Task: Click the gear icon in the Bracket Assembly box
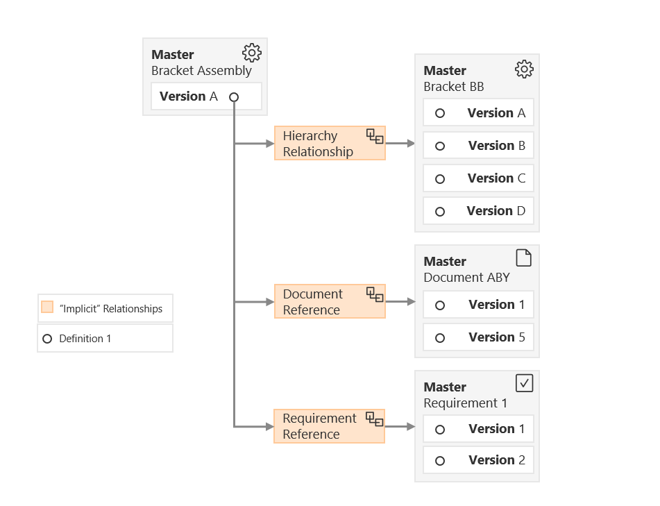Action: coord(251,53)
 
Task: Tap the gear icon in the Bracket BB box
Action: coord(524,69)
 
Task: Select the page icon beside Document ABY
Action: coord(524,258)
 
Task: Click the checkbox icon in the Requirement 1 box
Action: coord(524,383)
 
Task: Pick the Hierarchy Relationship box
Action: coord(329,144)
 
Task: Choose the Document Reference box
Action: coord(329,302)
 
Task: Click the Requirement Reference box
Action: coord(329,426)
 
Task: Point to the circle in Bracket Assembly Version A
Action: coord(234,97)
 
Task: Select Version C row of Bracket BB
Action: coord(478,178)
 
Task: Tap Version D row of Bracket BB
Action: coord(478,211)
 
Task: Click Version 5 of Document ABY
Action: coord(478,337)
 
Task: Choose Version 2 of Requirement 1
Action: coord(478,460)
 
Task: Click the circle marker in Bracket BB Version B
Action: coord(440,146)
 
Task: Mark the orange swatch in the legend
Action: coord(47,307)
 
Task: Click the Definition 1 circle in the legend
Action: coord(47,339)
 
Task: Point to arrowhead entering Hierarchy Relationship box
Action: coord(270,144)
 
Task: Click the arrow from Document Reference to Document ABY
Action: coord(400,302)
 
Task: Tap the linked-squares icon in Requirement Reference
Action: coord(375,419)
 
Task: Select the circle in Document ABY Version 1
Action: coord(440,305)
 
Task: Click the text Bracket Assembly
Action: coord(201,70)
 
